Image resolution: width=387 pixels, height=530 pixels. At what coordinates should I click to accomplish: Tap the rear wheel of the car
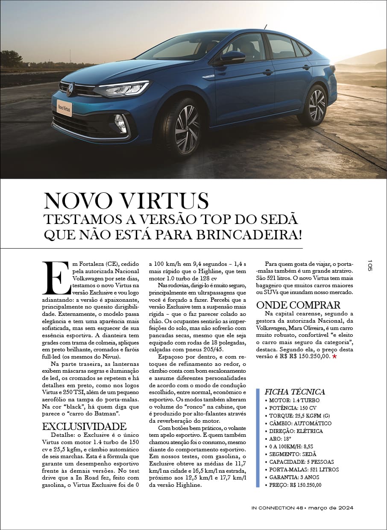tap(317, 105)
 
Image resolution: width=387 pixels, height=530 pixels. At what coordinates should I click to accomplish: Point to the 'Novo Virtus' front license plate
tap(64, 109)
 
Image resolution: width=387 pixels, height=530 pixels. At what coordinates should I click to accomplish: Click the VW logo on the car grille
tap(70, 90)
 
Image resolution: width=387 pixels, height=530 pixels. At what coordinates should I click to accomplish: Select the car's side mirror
tap(232, 57)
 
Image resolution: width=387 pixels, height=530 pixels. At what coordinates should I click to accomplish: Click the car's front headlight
tap(124, 89)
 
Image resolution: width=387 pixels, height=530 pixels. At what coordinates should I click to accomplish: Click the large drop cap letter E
tap(56, 277)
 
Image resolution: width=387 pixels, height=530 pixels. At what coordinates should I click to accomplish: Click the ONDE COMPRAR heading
tap(298, 305)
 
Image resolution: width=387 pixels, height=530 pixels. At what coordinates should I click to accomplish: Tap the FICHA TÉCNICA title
tap(295, 392)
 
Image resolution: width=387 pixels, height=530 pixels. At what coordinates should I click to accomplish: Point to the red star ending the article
tap(334, 356)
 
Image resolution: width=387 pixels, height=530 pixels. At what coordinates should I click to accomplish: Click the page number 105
tap(370, 265)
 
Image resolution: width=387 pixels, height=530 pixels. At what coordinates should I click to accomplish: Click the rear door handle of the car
tap(306, 68)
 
